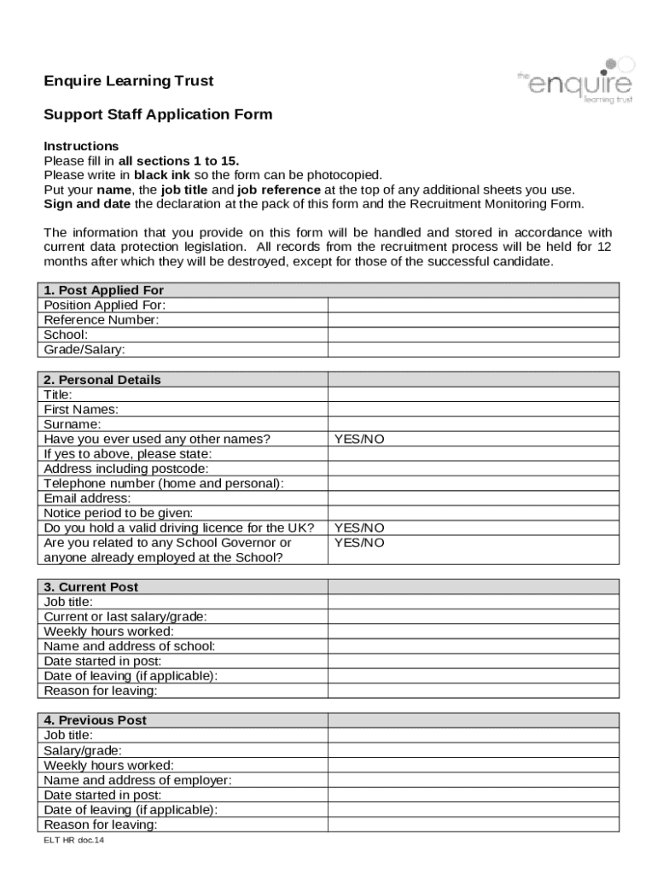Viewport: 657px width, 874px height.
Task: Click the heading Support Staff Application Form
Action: [x=158, y=114]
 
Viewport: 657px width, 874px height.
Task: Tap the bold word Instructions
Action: [x=81, y=146]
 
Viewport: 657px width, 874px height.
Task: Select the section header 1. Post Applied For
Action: [x=103, y=290]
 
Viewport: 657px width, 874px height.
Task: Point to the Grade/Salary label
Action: [x=84, y=350]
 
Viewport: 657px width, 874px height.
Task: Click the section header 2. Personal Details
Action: [x=102, y=380]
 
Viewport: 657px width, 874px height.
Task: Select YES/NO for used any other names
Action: [x=359, y=439]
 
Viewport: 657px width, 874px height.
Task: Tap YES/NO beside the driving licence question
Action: [x=359, y=528]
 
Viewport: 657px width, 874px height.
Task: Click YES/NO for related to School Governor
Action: [x=359, y=543]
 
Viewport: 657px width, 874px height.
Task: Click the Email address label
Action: [x=87, y=498]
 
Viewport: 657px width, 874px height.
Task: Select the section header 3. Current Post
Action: [x=90, y=587]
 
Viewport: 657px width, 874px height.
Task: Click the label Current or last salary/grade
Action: [x=125, y=616]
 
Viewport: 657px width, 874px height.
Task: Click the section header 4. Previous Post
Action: [x=95, y=720]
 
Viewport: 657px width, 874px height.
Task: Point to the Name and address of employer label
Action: [x=137, y=780]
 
